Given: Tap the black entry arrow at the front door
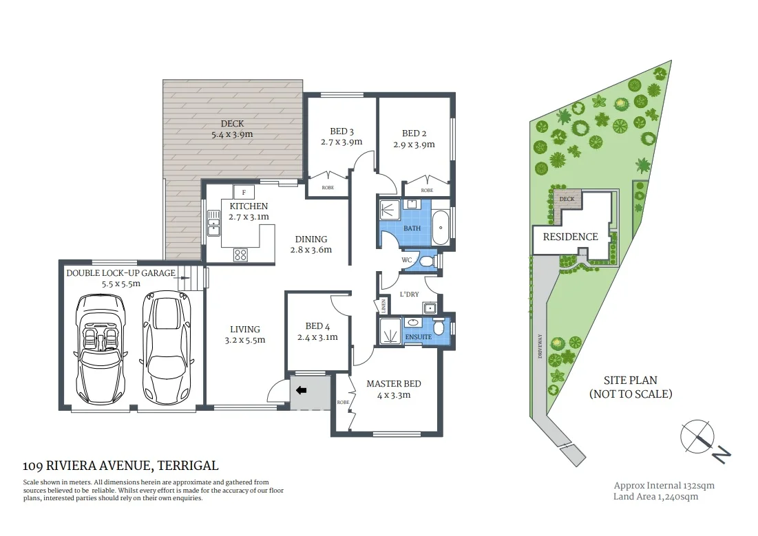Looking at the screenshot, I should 302,391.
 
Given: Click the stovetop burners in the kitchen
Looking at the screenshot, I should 241,255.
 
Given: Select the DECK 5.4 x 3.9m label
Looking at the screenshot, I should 233,129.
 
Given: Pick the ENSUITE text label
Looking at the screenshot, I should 418,337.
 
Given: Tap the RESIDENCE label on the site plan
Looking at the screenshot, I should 570,237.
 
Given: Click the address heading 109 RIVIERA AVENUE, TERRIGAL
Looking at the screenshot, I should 120,466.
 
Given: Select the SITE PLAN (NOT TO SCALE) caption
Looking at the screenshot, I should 630,387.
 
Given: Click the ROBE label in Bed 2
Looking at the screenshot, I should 427,190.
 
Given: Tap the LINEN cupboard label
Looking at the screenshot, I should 379,305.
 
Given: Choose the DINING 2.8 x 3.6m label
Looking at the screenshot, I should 311,244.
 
